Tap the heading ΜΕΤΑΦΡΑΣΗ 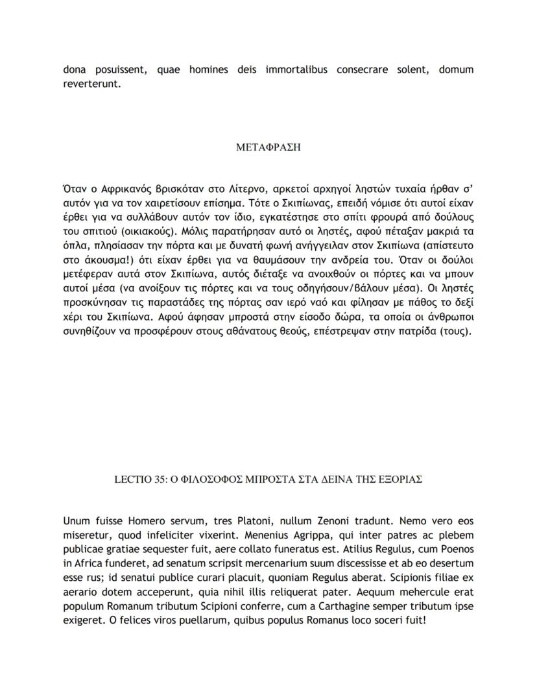[x=268, y=147]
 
